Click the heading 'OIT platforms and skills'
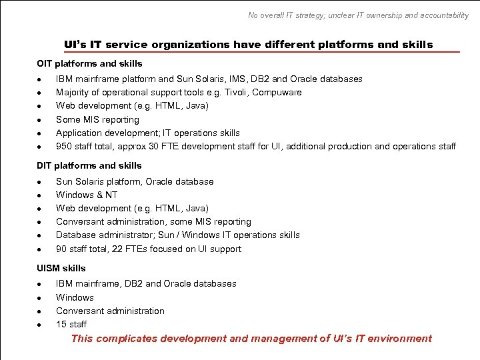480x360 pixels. pos(89,63)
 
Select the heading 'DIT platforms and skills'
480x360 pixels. pos(89,165)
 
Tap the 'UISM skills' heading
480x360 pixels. pos(61,268)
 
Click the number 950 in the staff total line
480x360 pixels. pos(64,146)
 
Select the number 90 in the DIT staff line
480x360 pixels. pos(61,249)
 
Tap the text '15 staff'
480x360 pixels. pos(71,324)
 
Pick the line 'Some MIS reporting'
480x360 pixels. pos(97,119)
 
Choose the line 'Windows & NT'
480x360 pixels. pos(87,195)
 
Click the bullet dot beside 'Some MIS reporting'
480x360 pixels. pos(40,120)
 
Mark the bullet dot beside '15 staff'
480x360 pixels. pos(40,325)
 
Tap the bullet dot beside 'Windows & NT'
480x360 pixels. pos(40,195)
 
